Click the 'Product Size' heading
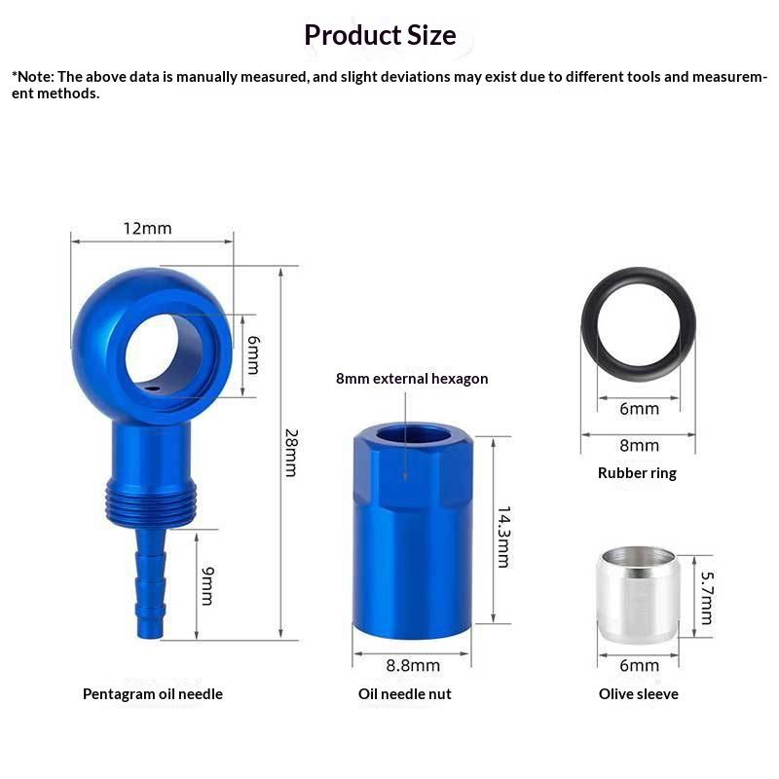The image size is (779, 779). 380,35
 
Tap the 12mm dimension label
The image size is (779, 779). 148,229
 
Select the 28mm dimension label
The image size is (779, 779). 291,453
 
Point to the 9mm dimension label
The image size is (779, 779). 207,586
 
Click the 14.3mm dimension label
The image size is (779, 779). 503,538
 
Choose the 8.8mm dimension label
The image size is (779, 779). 413,665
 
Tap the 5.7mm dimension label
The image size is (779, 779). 707,598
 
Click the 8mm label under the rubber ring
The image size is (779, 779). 640,446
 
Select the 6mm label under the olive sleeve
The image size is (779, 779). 640,665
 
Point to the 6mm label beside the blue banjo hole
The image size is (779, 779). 253,354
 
